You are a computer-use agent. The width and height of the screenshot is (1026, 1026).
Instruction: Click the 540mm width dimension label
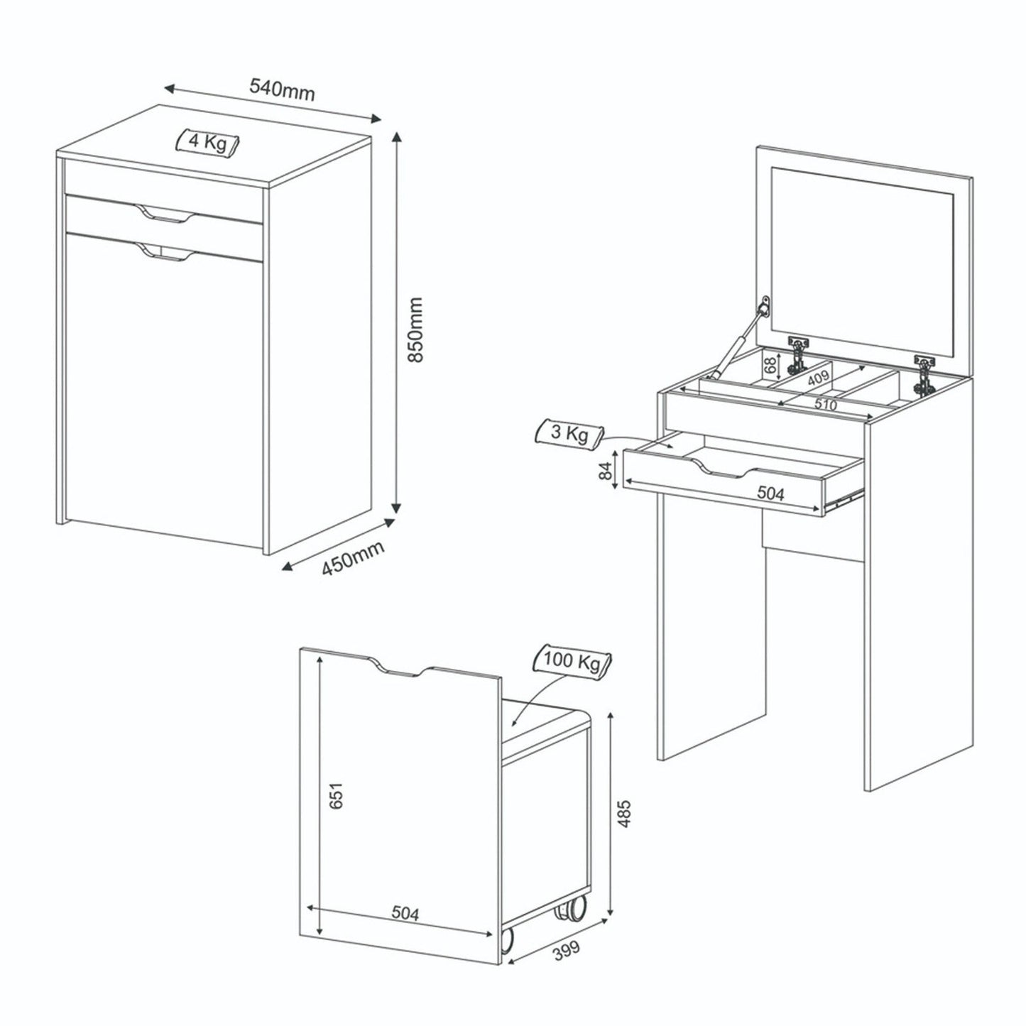tap(282, 90)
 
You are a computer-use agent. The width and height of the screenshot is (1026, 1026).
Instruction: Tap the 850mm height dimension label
tap(414, 330)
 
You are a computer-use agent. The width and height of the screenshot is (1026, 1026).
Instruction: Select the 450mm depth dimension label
tap(352, 558)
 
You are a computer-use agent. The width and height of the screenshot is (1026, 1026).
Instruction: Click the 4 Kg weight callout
tap(208, 142)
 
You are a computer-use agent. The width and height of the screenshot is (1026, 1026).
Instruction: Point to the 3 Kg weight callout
tap(569, 434)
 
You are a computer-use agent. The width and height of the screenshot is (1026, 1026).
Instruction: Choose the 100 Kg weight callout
tap(572, 662)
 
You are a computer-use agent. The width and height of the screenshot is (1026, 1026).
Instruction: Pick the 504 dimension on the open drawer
tap(770, 494)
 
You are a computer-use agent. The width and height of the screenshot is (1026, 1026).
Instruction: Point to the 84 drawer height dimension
tap(606, 471)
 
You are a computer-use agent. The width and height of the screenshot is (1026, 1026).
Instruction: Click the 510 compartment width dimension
tap(825, 405)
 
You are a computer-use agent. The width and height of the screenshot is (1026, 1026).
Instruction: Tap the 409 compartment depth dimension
tap(818, 378)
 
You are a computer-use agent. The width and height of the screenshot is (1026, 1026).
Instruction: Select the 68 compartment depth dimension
tap(769, 366)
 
